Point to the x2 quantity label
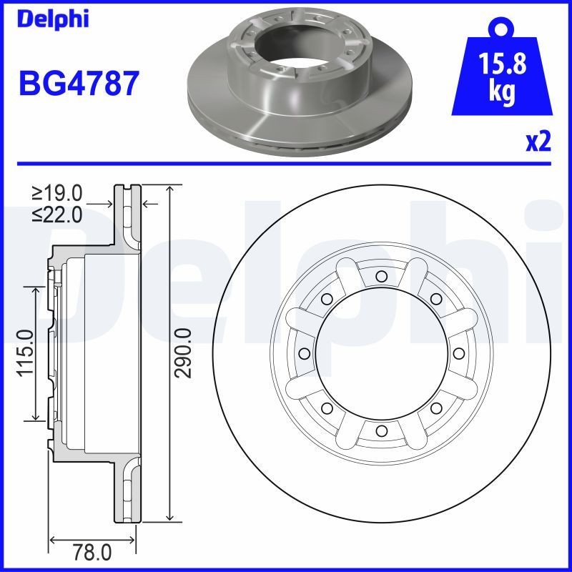(x=538, y=142)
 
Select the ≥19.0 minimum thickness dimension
(x=57, y=192)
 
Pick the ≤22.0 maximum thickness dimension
(x=57, y=212)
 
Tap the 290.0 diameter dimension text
(x=184, y=352)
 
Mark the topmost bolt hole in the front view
(x=381, y=276)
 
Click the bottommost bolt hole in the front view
(x=381, y=430)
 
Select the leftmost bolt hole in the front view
(x=304, y=353)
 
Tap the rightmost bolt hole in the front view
(x=458, y=353)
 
